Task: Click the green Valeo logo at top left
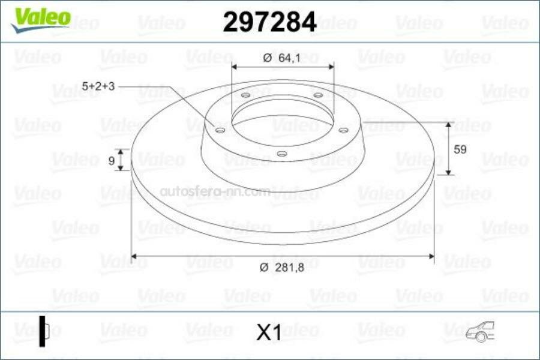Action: (41, 20)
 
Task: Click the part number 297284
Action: (269, 22)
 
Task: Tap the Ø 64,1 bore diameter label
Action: (282, 58)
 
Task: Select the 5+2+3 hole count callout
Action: (98, 86)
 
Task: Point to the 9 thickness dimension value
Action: (111, 161)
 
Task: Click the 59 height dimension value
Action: (460, 149)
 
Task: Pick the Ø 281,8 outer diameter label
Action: (282, 268)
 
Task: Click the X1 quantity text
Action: (269, 332)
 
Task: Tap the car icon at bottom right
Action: (480, 331)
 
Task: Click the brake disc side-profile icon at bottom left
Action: (43, 331)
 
